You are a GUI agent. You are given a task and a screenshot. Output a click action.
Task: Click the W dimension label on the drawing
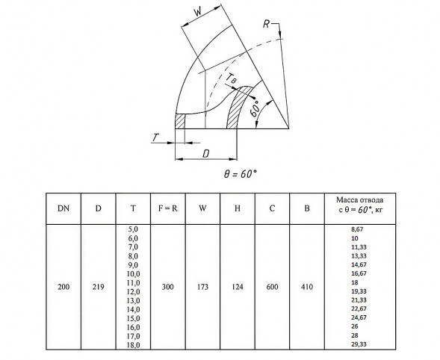tap(198, 12)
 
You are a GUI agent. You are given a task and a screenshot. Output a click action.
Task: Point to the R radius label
tap(266, 24)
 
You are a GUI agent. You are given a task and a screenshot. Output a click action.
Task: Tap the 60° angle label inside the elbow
tap(255, 110)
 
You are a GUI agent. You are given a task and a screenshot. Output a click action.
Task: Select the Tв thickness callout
tap(232, 78)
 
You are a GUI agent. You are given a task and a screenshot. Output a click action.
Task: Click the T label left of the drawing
tap(155, 137)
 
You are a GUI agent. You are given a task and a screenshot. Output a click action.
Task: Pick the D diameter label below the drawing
tap(206, 154)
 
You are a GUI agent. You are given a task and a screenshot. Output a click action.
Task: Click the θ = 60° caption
tap(241, 174)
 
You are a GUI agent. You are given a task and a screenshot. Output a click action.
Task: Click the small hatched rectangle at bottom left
tap(180, 121)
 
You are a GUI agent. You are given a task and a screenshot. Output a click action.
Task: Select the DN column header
tap(63, 208)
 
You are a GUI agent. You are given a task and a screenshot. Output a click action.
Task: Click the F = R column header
tap(168, 208)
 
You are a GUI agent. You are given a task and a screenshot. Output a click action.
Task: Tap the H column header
tap(238, 208)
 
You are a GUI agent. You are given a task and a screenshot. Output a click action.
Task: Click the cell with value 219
tap(98, 287)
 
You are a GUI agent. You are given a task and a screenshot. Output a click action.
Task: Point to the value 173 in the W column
tap(202, 287)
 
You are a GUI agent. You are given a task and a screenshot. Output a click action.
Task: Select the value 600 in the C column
tap(272, 287)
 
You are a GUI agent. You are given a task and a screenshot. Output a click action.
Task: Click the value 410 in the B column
tap(307, 287)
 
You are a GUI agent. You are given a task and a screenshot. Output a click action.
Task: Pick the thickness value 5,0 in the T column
tap(133, 229)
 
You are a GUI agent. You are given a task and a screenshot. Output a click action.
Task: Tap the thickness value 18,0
tap(133, 345)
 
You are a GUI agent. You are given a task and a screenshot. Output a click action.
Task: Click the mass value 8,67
tap(357, 229)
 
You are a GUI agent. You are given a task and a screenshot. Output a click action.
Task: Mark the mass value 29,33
tap(359, 344)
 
